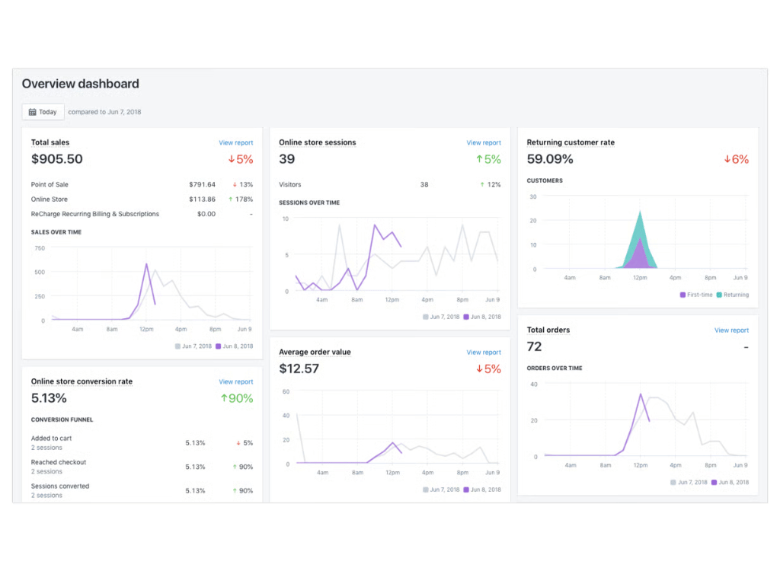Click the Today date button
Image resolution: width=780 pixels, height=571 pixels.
(x=43, y=112)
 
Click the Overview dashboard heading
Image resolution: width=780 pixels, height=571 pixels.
(x=80, y=84)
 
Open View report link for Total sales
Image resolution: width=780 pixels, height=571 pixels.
(x=235, y=143)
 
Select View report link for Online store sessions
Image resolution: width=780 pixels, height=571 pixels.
(x=484, y=143)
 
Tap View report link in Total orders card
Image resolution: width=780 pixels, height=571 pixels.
(x=731, y=330)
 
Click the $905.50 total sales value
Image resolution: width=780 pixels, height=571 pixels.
(x=57, y=159)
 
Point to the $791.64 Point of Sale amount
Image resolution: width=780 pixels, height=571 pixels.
(x=202, y=185)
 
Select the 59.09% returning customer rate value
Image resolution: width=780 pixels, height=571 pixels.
(x=550, y=159)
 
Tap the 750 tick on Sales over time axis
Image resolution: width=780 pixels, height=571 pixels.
(x=40, y=248)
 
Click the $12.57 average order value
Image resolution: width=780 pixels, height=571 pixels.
(x=299, y=369)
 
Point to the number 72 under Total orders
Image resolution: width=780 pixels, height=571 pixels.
(x=535, y=347)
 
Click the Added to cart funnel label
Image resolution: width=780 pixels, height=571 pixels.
(x=52, y=439)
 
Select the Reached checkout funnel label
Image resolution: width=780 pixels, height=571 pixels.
(x=59, y=462)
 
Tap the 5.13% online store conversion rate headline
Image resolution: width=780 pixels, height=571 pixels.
(x=49, y=398)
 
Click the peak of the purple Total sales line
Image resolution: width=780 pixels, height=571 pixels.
(x=146, y=264)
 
